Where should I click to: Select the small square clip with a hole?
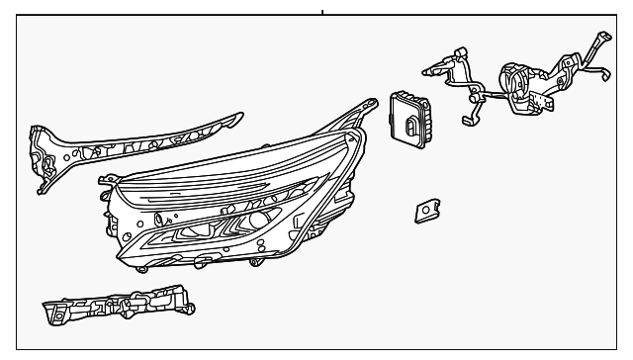coord(426,210)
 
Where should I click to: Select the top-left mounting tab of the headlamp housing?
coord(105,181)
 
